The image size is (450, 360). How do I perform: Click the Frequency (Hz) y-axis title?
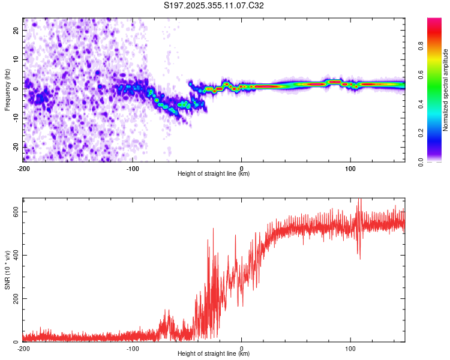7,89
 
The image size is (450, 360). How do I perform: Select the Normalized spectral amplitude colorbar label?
446,90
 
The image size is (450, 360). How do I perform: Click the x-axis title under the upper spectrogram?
214,173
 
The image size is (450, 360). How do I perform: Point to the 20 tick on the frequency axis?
16,30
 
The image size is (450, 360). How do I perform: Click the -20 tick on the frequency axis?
15,146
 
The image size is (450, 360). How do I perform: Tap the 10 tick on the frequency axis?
16,59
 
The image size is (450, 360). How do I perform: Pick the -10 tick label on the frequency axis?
15,118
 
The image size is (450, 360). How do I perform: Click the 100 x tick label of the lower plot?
350,348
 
